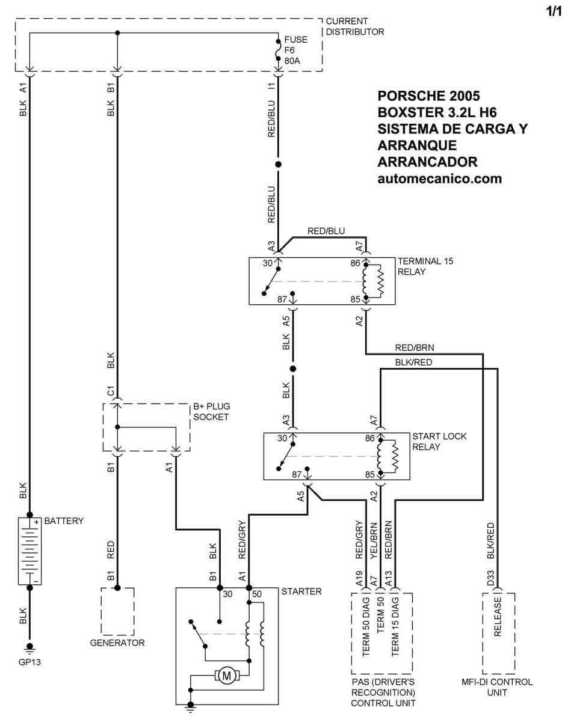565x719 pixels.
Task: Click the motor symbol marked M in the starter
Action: point(226,676)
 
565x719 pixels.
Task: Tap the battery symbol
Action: point(30,551)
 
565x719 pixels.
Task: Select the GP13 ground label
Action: point(30,662)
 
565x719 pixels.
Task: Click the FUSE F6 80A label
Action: point(295,50)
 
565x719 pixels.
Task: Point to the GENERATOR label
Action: point(117,643)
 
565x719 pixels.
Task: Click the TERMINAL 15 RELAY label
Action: point(425,266)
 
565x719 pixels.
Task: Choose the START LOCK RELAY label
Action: point(439,442)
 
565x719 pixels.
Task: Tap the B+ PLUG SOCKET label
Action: point(212,412)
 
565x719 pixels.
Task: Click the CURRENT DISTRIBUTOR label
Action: point(355,26)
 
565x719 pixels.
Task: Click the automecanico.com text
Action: point(440,179)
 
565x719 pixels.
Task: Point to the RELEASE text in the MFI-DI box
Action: point(498,616)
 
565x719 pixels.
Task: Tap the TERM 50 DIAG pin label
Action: point(366,626)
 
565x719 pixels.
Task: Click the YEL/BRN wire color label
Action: point(374,540)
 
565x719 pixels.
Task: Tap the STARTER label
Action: point(301,592)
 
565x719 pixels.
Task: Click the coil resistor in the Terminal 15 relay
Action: point(380,281)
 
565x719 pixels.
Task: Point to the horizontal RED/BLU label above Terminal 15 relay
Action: point(326,231)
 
